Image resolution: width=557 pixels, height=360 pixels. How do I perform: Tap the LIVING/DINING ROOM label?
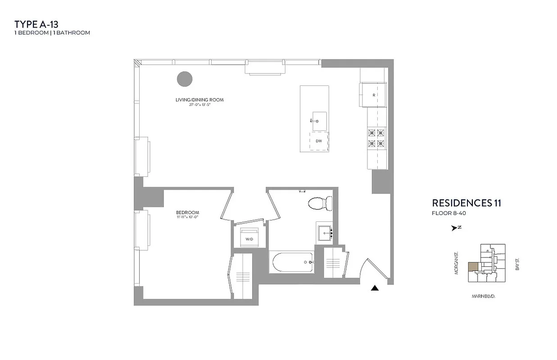[199, 100]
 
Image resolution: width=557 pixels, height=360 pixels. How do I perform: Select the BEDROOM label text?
[187, 212]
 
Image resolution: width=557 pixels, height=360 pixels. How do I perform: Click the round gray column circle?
[184, 79]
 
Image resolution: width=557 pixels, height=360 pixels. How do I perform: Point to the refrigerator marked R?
[373, 95]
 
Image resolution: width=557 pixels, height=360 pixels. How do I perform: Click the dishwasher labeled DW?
[319, 141]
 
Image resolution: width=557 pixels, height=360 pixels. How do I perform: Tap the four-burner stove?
[377, 138]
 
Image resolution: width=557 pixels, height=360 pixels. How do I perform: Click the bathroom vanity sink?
[326, 234]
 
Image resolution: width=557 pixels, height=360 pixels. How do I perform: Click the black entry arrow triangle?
[374, 288]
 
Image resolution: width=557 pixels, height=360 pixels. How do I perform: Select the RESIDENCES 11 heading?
[466, 203]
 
